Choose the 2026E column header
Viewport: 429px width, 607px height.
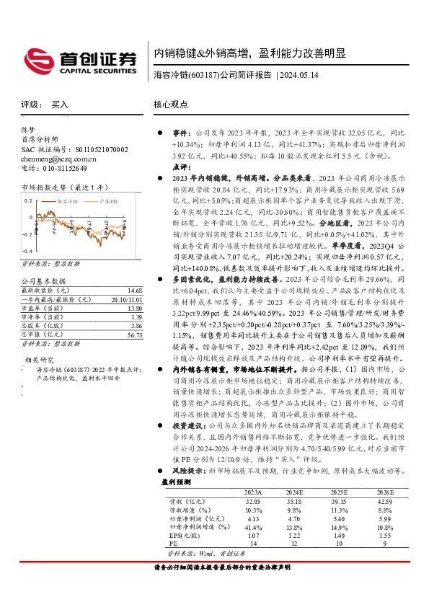(x=385, y=493)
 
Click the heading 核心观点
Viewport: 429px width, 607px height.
(x=171, y=105)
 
